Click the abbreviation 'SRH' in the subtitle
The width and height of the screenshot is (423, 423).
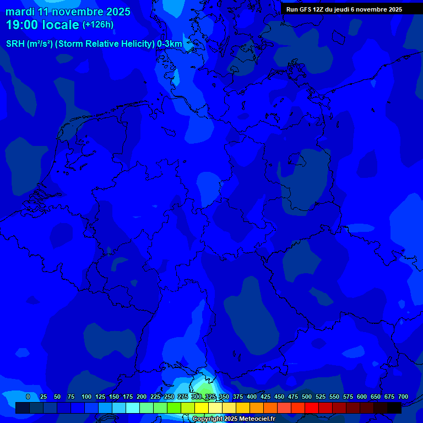(x=15, y=44)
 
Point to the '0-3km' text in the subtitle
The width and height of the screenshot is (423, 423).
(x=169, y=44)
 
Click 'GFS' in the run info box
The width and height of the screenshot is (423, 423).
(x=306, y=9)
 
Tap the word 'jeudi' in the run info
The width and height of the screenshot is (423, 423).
(x=345, y=9)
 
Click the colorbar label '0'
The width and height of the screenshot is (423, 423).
(x=28, y=397)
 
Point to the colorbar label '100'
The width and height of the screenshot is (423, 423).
(x=86, y=397)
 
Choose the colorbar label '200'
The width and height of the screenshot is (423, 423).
(x=142, y=397)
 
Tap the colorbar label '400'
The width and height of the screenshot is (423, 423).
(x=252, y=397)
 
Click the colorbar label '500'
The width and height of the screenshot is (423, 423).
(x=307, y=397)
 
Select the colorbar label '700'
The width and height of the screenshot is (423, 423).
(x=403, y=397)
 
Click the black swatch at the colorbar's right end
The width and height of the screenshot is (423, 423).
(x=394, y=408)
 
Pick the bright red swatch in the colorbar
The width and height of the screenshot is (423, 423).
(x=312, y=408)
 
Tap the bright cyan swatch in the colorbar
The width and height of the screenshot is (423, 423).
(x=133, y=408)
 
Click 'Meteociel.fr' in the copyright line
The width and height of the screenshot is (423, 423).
(x=258, y=419)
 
